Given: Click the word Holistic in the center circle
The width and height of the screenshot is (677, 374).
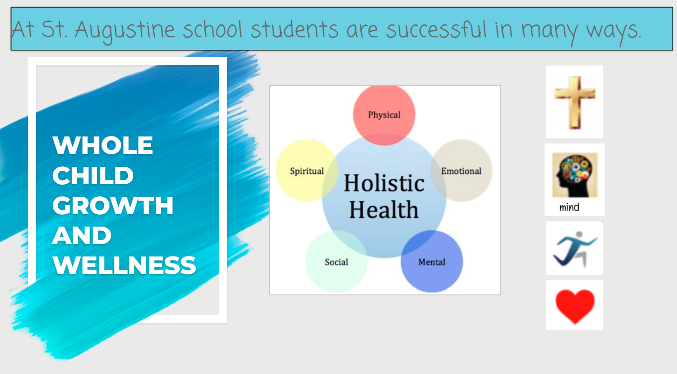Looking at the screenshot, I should pos(384,183).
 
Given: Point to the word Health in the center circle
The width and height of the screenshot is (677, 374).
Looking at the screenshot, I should pos(384,209).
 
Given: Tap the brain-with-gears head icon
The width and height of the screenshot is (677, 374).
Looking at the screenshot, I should pos(575,175).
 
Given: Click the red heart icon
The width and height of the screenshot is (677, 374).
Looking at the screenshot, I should pos(575,305).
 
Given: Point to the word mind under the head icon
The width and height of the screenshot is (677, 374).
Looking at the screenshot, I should pos(569,207).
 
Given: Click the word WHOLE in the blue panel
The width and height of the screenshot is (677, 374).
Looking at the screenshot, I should pos(103,145).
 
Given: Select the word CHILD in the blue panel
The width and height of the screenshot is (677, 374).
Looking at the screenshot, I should pos(93,175).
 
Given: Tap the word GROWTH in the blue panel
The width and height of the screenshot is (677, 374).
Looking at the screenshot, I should pos(113,205).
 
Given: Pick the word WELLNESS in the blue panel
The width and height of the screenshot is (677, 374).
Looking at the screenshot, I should pos(124,265).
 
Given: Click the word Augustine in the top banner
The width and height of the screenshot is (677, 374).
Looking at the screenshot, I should pos(125,30).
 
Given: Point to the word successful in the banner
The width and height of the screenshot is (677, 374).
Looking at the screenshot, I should pos(437,30).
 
